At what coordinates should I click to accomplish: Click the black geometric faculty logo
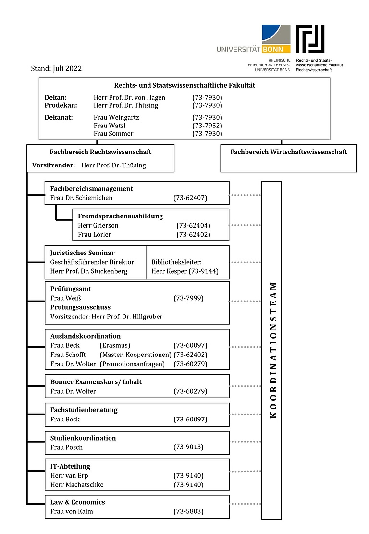[x=310, y=38]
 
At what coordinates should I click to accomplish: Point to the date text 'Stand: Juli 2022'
[x=56, y=68]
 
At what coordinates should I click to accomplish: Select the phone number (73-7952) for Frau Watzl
[x=207, y=126]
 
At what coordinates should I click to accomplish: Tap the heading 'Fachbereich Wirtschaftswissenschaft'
[x=288, y=152]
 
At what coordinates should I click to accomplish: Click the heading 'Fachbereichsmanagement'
[x=92, y=189]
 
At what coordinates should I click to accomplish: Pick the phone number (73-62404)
[x=193, y=225]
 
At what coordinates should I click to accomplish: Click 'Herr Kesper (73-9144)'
[x=184, y=271]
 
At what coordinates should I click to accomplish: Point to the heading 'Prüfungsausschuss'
[x=80, y=307]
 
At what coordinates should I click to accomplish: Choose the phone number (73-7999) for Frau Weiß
[x=188, y=298]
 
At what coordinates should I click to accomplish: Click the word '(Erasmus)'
[x=115, y=345]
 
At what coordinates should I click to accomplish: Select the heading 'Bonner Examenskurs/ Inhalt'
[x=96, y=382]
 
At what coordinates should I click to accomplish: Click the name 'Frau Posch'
[x=66, y=447]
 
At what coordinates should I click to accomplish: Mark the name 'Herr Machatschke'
[x=77, y=484]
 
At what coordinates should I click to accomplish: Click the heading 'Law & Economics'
[x=77, y=502]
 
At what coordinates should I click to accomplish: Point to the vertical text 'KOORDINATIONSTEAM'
[x=272, y=350]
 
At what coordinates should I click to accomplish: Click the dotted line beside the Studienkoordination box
[x=246, y=441]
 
